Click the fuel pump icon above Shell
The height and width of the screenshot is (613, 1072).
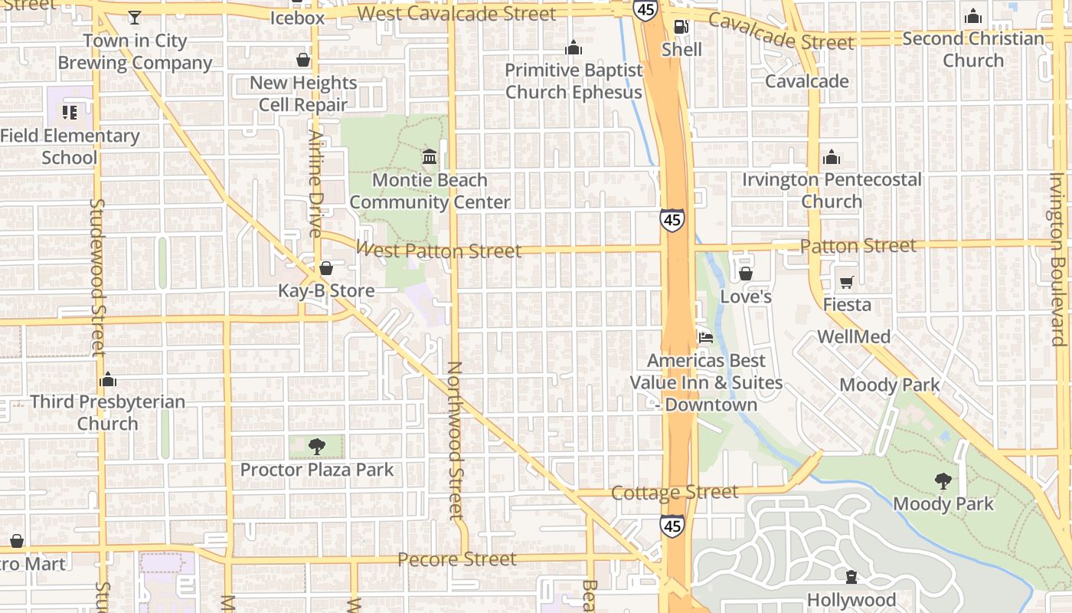pyautogui.click(x=681, y=28)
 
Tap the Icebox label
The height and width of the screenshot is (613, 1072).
pyautogui.click(x=297, y=17)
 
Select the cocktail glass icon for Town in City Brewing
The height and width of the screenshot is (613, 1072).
pyautogui.click(x=135, y=17)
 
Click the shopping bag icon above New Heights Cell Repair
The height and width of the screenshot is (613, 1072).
pyautogui.click(x=303, y=60)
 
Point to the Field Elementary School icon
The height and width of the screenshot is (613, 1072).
pyautogui.click(x=70, y=113)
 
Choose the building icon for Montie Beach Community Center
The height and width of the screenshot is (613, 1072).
pyautogui.click(x=430, y=157)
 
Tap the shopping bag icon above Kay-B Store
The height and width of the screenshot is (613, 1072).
pyautogui.click(x=326, y=268)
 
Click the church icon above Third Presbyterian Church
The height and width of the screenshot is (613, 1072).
pyautogui.click(x=108, y=379)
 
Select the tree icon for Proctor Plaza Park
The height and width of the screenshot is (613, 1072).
pyautogui.click(x=316, y=447)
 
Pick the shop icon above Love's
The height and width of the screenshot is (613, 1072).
pyautogui.click(x=746, y=274)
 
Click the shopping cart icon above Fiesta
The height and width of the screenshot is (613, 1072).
pyautogui.click(x=846, y=283)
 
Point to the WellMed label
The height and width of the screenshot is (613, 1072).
pyautogui.click(x=854, y=337)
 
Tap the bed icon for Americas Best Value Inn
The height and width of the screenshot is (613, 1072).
pyautogui.click(x=705, y=337)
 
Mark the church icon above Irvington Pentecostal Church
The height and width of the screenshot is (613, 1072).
pyautogui.click(x=832, y=158)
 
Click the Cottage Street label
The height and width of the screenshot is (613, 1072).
pyautogui.click(x=675, y=492)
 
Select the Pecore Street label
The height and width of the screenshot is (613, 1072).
pyautogui.click(x=457, y=559)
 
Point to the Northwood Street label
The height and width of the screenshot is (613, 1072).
pyautogui.click(x=455, y=441)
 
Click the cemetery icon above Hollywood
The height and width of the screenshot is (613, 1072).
pyautogui.click(x=851, y=577)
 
